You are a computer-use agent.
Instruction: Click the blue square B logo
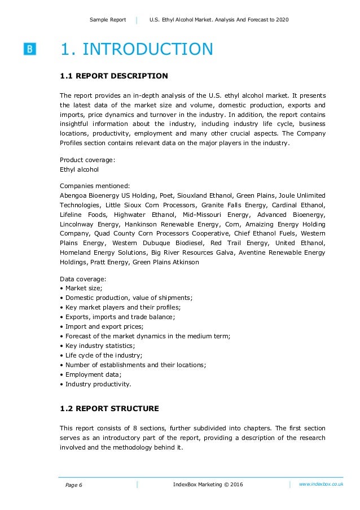click(x=30, y=49)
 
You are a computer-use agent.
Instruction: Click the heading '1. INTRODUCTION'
click(x=137, y=50)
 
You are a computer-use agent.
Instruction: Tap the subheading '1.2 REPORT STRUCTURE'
click(x=109, y=408)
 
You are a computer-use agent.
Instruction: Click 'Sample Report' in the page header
click(x=107, y=20)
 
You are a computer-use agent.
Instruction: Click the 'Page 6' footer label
click(x=73, y=485)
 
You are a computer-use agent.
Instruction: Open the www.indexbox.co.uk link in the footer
click(x=321, y=484)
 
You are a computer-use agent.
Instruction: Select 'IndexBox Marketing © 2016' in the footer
click(x=208, y=485)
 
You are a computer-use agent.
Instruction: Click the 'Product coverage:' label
click(x=87, y=160)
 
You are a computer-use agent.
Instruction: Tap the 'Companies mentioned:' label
click(x=95, y=185)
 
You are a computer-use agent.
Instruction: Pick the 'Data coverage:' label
click(x=83, y=279)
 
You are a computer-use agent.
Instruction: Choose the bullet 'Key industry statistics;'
click(x=101, y=346)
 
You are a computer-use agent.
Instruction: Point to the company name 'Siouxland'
click(x=216, y=195)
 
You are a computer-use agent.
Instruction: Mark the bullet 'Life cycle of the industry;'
click(x=104, y=355)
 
